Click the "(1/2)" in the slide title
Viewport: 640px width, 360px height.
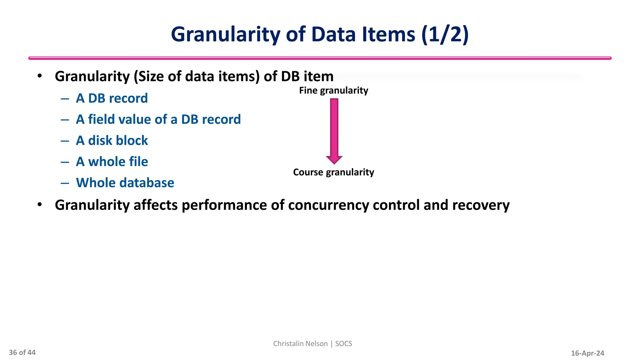pyautogui.click(x=445, y=34)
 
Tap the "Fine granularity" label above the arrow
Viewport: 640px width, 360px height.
pyautogui.click(x=333, y=91)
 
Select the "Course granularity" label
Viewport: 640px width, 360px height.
pyautogui.click(x=333, y=172)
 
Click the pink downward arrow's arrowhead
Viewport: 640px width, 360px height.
pyautogui.click(x=334, y=160)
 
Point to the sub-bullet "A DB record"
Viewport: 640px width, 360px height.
pyautogui.click(x=112, y=98)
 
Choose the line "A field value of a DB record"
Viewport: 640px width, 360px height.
pyautogui.click(x=158, y=119)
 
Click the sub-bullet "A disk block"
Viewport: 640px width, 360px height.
pyautogui.click(x=112, y=141)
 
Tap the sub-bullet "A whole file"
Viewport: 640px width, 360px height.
pyautogui.click(x=112, y=162)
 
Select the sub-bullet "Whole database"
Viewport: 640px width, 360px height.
pyautogui.click(x=125, y=183)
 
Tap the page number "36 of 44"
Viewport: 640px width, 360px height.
pyautogui.click(x=22, y=353)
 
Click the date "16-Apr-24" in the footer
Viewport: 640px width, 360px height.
pyautogui.click(x=587, y=353)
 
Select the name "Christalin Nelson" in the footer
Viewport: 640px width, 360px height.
pyautogui.click(x=300, y=344)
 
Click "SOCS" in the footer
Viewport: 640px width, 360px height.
pyautogui.click(x=343, y=344)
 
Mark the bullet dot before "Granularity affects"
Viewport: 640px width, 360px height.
pyautogui.click(x=39, y=205)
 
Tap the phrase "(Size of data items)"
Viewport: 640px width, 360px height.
pyautogui.click(x=197, y=77)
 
